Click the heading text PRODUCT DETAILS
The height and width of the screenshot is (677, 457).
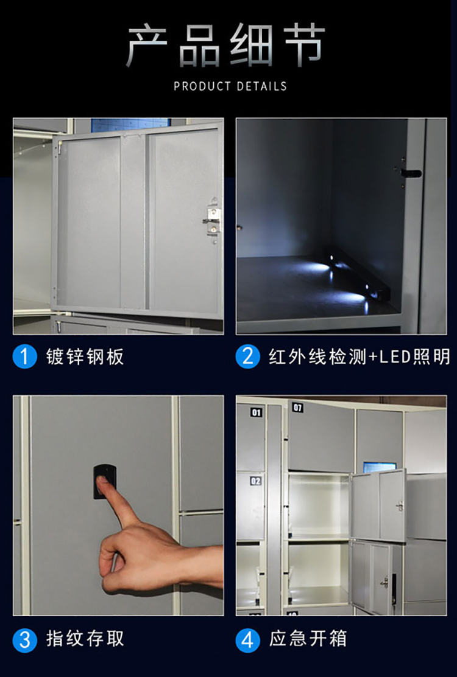point(230,86)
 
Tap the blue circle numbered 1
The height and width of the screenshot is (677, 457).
point(25,356)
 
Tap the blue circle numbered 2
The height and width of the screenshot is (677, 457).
point(248,356)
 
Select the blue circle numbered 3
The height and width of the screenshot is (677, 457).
point(25,639)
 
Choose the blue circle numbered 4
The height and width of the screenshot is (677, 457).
point(248,639)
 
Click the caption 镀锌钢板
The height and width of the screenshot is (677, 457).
point(85,356)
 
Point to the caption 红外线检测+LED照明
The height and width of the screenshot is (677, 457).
point(359,356)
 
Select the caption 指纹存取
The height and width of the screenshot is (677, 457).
point(85,639)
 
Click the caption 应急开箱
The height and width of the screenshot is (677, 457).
point(308,639)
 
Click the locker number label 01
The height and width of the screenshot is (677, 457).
point(257,412)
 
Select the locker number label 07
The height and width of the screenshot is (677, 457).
point(297,408)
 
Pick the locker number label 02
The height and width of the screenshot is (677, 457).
point(256,481)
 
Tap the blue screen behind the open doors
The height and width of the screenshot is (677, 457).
point(379,467)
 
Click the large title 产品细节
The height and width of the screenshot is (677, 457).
point(226,46)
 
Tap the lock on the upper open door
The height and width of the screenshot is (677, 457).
point(400,505)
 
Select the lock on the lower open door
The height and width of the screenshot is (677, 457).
point(385,582)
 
